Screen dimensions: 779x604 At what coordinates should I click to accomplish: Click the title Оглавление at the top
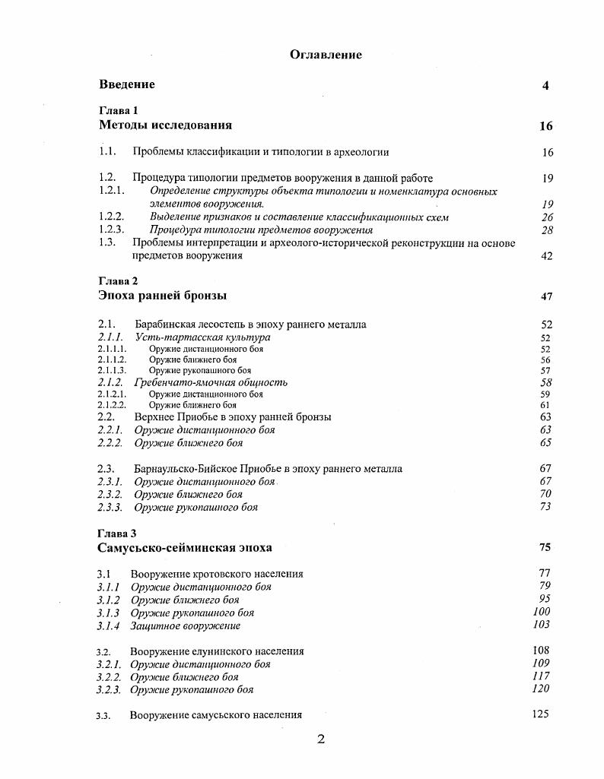tap(326, 55)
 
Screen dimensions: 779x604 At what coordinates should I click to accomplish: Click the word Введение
tap(126, 85)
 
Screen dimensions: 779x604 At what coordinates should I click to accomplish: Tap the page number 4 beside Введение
tap(545, 86)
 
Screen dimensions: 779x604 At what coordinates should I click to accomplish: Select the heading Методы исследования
tap(165, 125)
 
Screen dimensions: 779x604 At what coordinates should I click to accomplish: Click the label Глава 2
tap(118, 281)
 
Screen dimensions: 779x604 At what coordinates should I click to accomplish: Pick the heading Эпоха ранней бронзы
tap(162, 296)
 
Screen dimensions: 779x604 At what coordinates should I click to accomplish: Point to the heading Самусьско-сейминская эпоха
tap(184, 548)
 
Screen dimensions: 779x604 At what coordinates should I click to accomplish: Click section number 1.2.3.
tap(111, 230)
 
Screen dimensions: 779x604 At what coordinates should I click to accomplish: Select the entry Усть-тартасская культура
tap(202, 337)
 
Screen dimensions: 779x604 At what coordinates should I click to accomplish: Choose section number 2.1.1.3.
tap(113, 371)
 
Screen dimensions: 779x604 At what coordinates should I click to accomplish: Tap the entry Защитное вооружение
tap(185, 626)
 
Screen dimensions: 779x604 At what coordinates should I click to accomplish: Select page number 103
tap(542, 625)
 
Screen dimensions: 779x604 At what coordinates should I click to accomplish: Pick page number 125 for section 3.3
tap(541, 714)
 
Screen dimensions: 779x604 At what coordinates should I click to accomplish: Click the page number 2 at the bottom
tap(321, 739)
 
